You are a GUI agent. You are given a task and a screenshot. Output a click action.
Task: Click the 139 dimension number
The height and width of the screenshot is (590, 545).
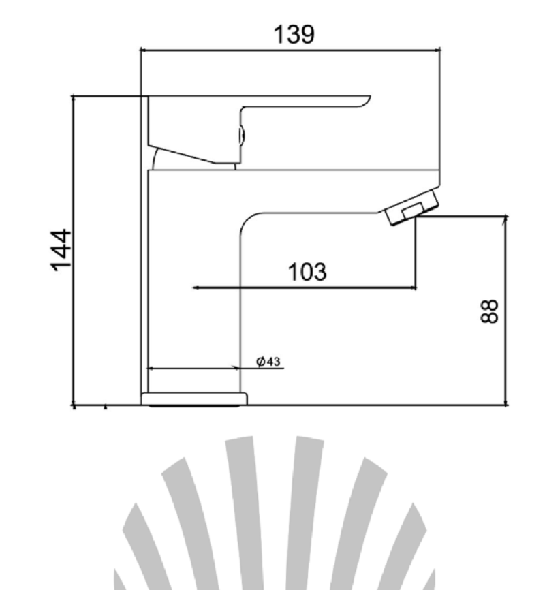(x=294, y=34)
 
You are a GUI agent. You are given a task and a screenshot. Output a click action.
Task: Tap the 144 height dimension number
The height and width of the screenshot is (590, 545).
(x=61, y=250)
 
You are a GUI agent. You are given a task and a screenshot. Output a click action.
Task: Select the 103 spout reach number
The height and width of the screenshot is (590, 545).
(x=307, y=272)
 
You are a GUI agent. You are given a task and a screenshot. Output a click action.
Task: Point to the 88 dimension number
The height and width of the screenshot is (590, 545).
(x=490, y=311)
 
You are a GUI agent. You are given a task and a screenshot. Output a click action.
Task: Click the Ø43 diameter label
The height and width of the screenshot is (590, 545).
(x=268, y=361)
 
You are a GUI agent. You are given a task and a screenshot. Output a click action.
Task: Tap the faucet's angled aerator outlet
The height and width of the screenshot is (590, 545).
(x=412, y=207)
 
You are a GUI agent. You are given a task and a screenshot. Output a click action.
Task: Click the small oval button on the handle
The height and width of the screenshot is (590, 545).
(x=242, y=136)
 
